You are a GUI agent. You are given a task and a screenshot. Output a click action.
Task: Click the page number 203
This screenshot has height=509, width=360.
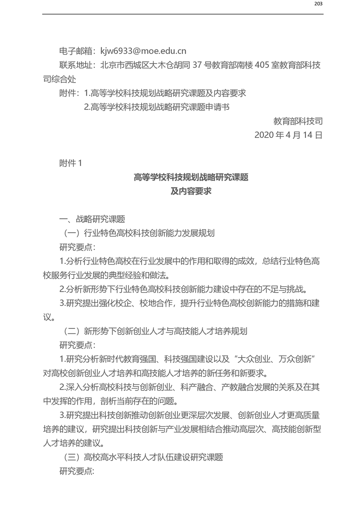[318, 5]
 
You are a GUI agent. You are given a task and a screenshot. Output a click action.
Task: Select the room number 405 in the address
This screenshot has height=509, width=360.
[263, 65]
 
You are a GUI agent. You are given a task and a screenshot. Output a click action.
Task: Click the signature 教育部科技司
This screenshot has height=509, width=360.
[298, 121]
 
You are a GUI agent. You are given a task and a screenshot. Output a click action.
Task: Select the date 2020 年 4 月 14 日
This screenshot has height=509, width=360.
[288, 135]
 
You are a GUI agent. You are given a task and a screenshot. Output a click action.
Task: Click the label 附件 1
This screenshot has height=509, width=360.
[71, 163]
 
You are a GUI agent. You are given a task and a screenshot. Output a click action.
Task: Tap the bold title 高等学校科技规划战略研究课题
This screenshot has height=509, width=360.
[191, 177]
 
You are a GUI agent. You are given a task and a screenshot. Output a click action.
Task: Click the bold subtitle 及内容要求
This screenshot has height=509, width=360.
[191, 191]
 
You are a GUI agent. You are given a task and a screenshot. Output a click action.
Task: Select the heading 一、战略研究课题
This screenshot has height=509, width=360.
[92, 219]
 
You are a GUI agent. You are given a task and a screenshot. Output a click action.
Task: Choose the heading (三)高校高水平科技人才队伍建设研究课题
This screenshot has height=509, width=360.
[141, 457]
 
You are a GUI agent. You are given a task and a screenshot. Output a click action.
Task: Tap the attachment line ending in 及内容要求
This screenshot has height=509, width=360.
[165, 93]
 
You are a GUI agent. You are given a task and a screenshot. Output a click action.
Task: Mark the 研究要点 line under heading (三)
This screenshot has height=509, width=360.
[77, 471]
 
